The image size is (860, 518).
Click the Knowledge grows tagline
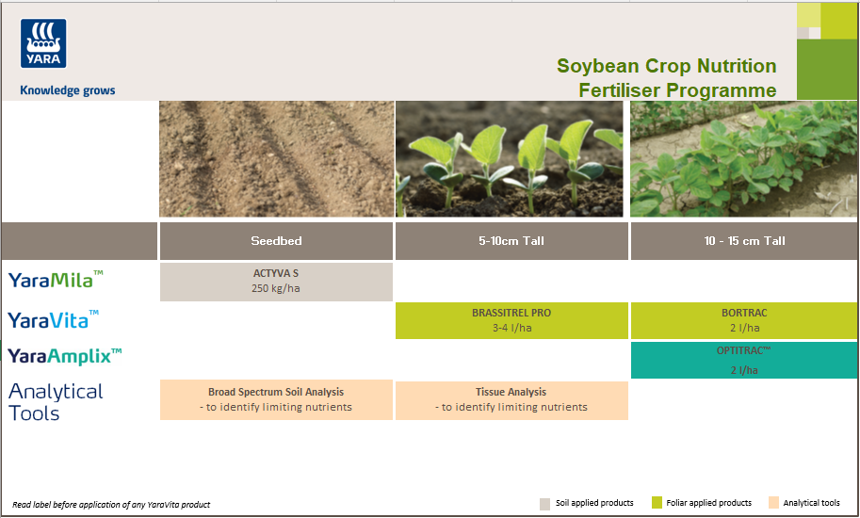[68, 91]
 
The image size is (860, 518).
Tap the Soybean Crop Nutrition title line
[666, 66]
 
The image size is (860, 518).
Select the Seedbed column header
[276, 241]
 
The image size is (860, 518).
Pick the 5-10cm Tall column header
[511, 241]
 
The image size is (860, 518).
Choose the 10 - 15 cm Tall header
[744, 241]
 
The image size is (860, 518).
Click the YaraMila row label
[56, 280]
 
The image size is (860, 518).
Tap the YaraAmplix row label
[65, 356]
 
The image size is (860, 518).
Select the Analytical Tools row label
[56, 402]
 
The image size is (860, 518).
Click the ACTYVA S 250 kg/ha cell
[276, 282]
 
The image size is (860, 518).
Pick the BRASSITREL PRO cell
[511, 320]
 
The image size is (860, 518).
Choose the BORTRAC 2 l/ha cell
[744, 320]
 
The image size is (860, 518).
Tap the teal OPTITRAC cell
[744, 360]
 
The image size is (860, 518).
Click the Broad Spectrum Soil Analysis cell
[276, 399]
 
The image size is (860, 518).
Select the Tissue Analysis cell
[511, 399]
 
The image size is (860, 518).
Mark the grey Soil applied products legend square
[544, 503]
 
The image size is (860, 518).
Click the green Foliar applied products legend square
[657, 503]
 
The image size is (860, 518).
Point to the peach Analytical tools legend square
[774, 503]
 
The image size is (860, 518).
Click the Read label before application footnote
[111, 505]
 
